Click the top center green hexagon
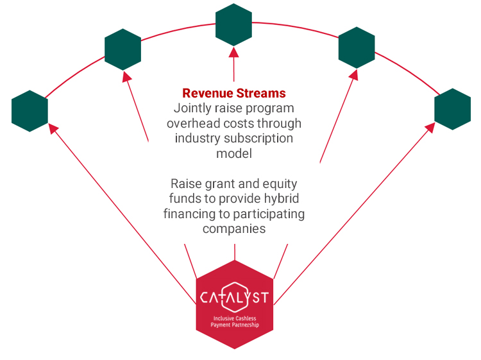(233, 25)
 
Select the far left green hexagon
(30, 111)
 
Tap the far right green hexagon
(453, 109)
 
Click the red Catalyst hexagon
(235, 304)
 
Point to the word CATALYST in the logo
(235, 297)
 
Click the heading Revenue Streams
(234, 93)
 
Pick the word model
(234, 153)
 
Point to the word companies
(234, 229)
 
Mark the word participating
(269, 214)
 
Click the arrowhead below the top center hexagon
(233, 52)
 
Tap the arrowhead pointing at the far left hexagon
(53, 128)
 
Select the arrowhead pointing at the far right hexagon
(430, 127)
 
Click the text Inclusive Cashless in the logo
(235, 318)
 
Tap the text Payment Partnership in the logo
(235, 325)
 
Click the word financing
(190, 214)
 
